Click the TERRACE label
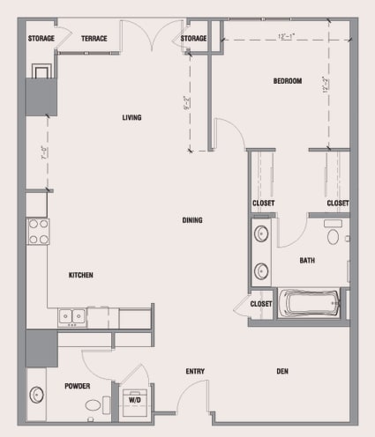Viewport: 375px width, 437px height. tap(94, 39)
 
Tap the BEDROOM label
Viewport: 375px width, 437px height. tap(287, 81)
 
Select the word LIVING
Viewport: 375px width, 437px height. tap(131, 117)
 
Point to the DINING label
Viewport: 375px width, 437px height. tap(192, 220)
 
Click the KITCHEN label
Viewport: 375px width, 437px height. tap(81, 275)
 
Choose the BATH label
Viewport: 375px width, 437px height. tap(307, 260)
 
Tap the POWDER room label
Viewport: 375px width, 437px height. tap(78, 386)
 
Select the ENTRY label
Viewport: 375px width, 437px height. tap(195, 371)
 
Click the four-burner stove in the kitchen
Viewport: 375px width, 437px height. tap(38, 231)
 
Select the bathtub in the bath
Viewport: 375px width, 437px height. tap(309, 304)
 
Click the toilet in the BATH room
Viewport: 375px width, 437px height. tap(334, 235)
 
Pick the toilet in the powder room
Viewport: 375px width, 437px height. tap(94, 405)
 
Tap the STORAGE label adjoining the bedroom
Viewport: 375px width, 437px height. tap(194, 39)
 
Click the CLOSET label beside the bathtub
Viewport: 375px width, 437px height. tap(261, 304)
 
